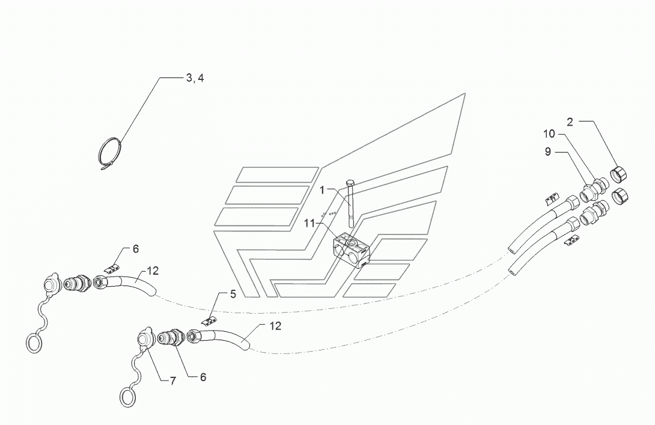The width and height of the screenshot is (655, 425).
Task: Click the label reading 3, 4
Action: click(195, 78)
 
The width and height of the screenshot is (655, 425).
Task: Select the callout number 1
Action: click(322, 190)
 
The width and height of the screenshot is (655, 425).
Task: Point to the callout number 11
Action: click(309, 224)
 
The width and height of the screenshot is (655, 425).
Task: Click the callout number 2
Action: click(570, 122)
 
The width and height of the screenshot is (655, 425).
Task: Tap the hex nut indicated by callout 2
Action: click(620, 173)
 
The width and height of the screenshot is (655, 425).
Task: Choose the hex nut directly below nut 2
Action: click(620, 195)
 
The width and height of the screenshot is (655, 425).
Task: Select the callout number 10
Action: click(549, 133)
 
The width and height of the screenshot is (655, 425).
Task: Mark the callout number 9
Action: click(548, 151)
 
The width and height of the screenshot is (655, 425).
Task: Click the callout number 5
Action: click(233, 294)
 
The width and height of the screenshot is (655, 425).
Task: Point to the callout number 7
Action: click(172, 381)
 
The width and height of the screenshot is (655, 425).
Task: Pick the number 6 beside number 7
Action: click(203, 377)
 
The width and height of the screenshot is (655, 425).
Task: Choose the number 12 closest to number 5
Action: click(275, 326)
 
